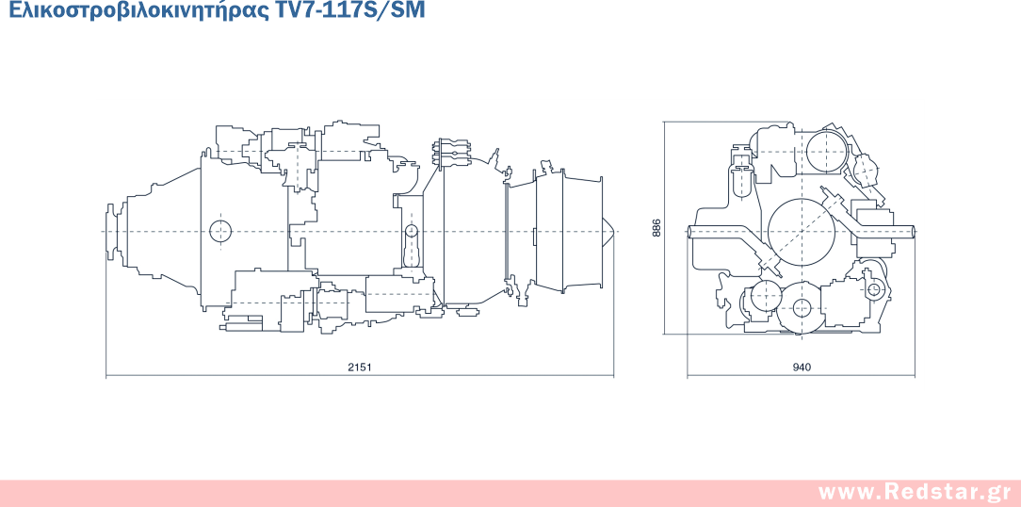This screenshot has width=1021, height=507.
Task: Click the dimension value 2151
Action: coord(359,368)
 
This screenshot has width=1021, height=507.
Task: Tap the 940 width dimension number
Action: coord(802,368)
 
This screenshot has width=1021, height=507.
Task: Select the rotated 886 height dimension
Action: coord(656,227)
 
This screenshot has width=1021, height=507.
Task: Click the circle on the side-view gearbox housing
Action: coord(220,231)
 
